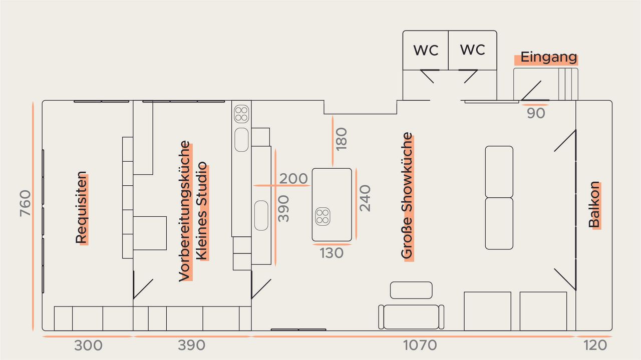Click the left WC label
pyautogui.click(x=426, y=51)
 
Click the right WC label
pyautogui.click(x=472, y=50)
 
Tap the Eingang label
pyautogui.click(x=548, y=57)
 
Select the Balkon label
pyautogui.click(x=594, y=205)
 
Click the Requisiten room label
pyautogui.click(x=81, y=208)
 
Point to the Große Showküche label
pyautogui.click(x=407, y=195)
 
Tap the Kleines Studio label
pyautogui.click(x=201, y=211)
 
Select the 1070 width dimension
pyautogui.click(x=420, y=345)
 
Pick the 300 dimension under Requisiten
pyautogui.click(x=89, y=345)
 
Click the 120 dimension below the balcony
pyautogui.click(x=595, y=345)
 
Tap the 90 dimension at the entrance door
pyautogui.click(x=536, y=113)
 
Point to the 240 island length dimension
pyautogui.click(x=365, y=198)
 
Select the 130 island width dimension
pyautogui.click(x=332, y=253)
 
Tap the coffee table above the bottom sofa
pyautogui.click(x=411, y=290)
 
